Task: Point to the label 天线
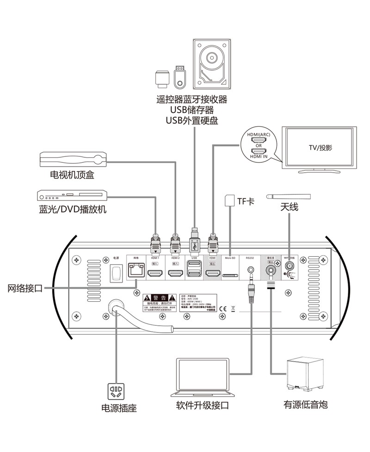point(289,206)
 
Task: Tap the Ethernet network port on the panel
point(135,270)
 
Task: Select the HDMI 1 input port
point(155,274)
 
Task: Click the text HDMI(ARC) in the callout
point(259,135)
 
